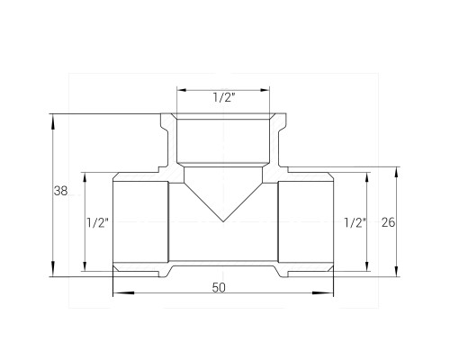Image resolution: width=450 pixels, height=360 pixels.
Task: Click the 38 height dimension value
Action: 60,191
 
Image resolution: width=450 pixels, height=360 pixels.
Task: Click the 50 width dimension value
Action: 219,288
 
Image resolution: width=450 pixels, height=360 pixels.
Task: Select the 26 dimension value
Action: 388,222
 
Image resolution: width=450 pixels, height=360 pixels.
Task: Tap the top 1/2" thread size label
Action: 224,97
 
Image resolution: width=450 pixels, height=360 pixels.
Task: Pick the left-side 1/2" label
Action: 97,223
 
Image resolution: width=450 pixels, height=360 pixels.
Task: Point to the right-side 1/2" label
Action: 355,223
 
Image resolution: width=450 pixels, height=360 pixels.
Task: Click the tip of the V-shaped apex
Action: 223,221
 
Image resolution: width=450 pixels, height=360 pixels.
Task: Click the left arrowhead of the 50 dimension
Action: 123,292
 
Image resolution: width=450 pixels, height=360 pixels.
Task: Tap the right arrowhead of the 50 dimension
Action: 323,292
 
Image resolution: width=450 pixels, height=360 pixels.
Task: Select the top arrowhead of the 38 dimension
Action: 53,121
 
